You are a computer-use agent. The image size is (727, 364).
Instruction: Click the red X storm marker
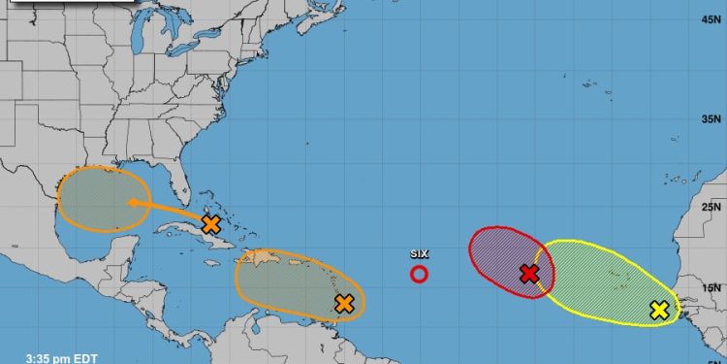click(x=528, y=274)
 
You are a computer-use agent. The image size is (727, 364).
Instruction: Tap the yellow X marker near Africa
click(x=659, y=311)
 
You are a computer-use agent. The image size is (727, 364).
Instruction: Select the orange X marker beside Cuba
click(x=211, y=224)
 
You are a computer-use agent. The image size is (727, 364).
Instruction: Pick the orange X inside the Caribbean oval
click(x=343, y=304)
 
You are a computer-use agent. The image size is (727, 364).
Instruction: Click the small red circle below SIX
click(x=419, y=274)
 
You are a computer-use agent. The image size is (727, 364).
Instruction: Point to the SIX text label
click(x=419, y=254)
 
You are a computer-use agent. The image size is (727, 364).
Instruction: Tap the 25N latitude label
click(x=712, y=207)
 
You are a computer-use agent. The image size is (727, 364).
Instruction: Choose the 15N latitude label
click(x=712, y=288)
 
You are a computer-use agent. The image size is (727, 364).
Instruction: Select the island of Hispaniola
click(x=262, y=260)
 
